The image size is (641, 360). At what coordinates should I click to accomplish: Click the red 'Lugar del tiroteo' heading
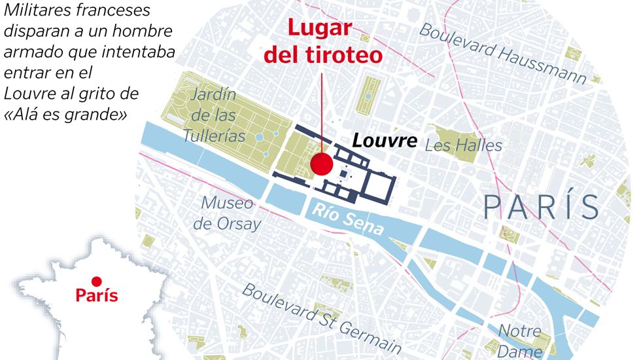pos(322,42)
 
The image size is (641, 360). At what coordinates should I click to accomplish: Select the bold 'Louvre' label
pos(385,141)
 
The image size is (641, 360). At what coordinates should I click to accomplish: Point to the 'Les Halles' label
pos(463,145)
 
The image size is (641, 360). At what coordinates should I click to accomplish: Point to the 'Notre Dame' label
pos(520,340)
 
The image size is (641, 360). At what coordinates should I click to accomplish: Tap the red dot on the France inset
pos(96,281)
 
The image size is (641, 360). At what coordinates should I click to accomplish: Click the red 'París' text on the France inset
pos(97,296)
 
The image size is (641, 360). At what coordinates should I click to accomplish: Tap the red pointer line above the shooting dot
pos(322,111)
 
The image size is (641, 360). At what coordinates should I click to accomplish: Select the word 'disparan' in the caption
pos(35,31)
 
